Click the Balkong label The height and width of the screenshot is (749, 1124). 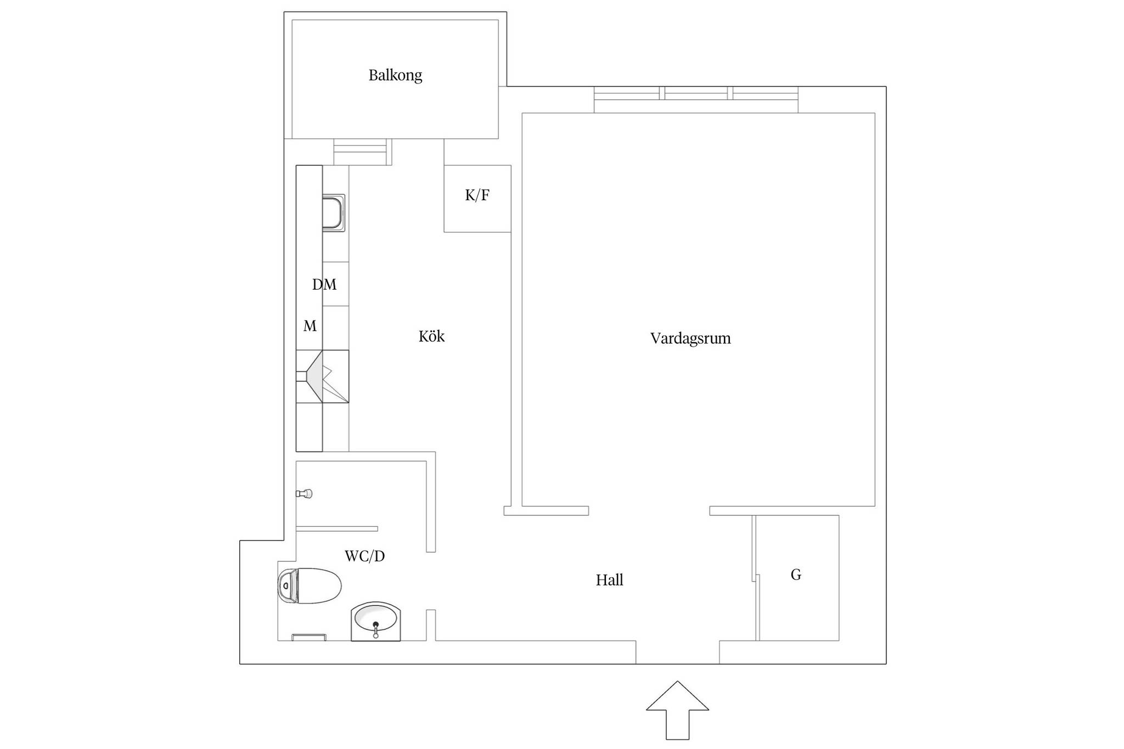[395, 75]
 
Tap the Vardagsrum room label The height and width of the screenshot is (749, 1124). [690, 338]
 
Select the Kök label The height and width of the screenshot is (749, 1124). [431, 336]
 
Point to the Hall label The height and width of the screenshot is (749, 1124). [609, 580]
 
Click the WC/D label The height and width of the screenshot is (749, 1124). [364, 556]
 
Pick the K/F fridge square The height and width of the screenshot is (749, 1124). [477, 199]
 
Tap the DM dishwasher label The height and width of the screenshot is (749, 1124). [324, 284]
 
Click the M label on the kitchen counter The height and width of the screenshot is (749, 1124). [310, 326]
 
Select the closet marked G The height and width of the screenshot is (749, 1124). [797, 578]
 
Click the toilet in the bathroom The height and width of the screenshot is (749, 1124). [310, 586]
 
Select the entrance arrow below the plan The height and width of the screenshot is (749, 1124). [677, 710]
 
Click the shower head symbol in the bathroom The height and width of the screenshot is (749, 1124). [305, 494]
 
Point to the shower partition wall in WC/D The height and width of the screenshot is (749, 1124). [337, 529]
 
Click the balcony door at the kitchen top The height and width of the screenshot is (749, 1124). [363, 152]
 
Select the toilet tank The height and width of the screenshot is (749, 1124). [288, 586]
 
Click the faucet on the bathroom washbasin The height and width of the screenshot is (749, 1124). [376, 630]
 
